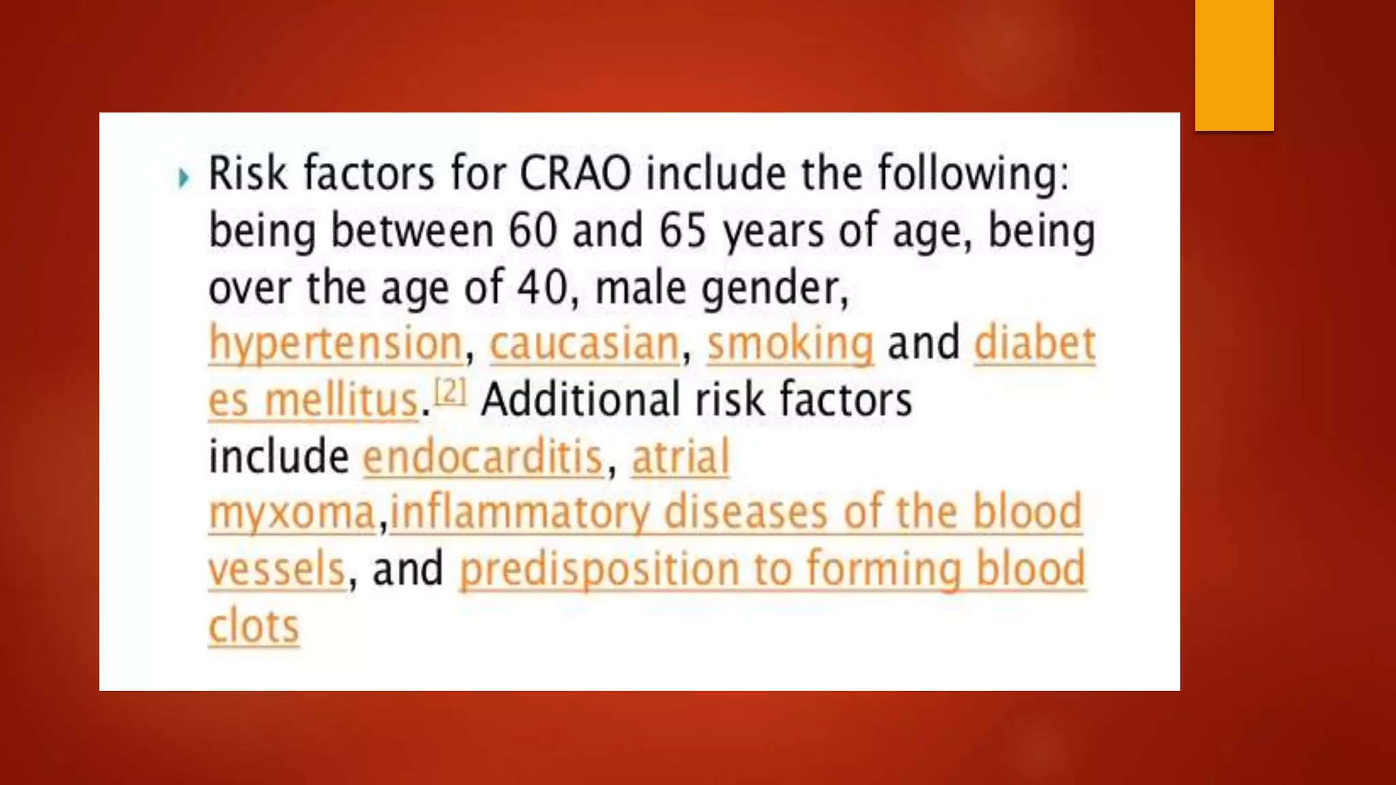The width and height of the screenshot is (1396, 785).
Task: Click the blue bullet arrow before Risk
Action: [x=183, y=179]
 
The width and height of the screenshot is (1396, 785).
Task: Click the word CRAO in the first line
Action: [x=575, y=174]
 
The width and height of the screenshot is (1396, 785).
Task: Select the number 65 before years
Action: [x=682, y=230]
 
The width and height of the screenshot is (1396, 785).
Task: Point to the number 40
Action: [x=542, y=288]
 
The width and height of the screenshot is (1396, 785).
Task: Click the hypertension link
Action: [x=336, y=343]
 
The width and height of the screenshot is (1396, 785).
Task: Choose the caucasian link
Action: [x=585, y=343]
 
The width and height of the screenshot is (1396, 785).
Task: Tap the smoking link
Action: [x=790, y=343]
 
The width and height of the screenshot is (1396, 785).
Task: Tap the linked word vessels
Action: [x=277, y=570]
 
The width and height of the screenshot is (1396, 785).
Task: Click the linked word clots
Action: [x=254, y=626]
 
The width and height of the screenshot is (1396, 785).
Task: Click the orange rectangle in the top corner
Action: [x=1234, y=65]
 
